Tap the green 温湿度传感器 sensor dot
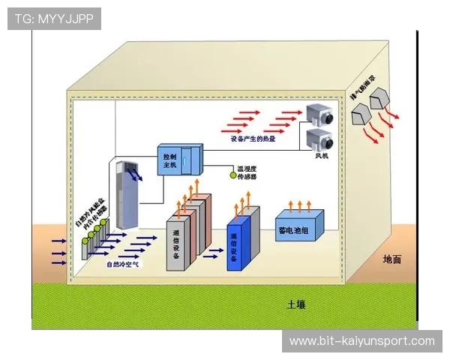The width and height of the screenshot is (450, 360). pyautogui.click(x=232, y=175)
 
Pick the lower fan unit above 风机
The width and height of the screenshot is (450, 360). pyautogui.click(x=322, y=140)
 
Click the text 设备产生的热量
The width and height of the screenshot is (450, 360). pyautogui.click(x=253, y=139)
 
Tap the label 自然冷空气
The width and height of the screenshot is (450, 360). pyautogui.click(x=122, y=264)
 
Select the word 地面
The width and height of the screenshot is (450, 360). pyautogui.click(x=391, y=259)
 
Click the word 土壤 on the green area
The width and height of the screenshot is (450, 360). pyautogui.click(x=296, y=304)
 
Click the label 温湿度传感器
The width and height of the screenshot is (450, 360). pyautogui.click(x=247, y=172)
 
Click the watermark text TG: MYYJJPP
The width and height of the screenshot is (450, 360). pyautogui.click(x=53, y=17)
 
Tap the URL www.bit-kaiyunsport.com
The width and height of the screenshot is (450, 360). pyautogui.click(x=361, y=341)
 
